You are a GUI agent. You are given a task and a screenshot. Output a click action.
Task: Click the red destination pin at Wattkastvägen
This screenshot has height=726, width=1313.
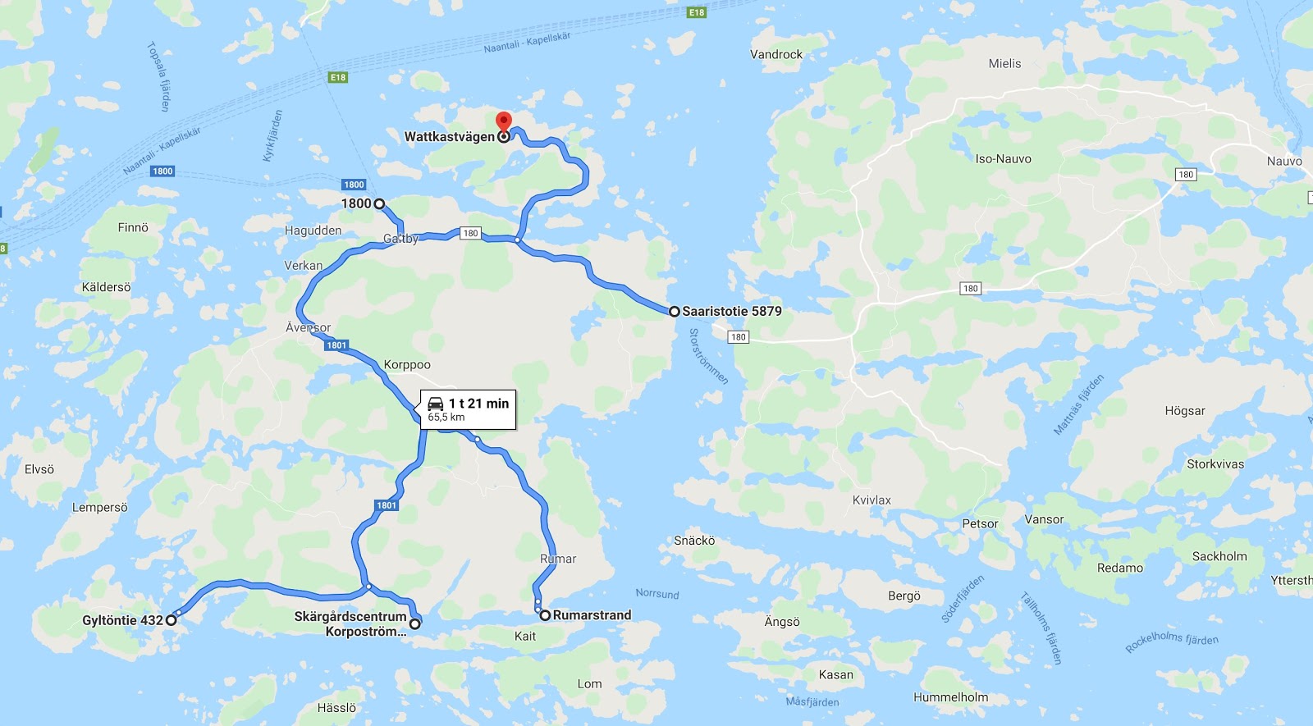(504, 122)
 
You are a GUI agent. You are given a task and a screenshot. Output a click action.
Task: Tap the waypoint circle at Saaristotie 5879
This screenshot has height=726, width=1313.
(674, 312)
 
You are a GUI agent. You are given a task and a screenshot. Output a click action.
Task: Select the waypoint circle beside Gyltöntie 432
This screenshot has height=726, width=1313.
(171, 620)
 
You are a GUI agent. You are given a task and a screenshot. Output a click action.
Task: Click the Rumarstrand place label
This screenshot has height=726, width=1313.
(592, 615)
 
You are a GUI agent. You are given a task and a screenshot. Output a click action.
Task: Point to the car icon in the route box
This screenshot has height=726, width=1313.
(436, 404)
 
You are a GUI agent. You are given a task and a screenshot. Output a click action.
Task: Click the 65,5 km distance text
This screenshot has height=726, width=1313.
(446, 418)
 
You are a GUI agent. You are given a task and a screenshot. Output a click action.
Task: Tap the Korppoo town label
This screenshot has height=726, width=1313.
(407, 365)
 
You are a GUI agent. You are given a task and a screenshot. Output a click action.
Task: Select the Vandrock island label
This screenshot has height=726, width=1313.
(776, 55)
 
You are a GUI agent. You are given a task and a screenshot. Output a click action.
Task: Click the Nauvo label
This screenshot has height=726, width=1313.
(1284, 162)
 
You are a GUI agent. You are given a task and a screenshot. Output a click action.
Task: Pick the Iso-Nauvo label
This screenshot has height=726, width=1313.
(1003, 159)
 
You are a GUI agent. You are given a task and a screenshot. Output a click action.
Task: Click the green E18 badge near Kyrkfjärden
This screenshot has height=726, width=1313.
(338, 77)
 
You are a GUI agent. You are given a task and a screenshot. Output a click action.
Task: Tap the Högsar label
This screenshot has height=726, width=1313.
(1185, 411)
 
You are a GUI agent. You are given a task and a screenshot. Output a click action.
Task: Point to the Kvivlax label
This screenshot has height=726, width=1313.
(872, 500)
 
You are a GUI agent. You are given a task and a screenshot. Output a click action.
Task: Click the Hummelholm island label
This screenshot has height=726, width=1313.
(950, 697)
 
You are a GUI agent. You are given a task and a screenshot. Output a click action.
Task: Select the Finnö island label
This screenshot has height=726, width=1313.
(133, 228)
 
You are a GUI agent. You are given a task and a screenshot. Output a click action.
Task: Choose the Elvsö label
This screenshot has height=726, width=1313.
(39, 469)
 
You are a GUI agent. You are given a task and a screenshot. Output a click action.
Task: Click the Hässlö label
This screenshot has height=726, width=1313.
(336, 708)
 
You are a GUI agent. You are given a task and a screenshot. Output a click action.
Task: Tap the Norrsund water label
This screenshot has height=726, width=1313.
(657, 594)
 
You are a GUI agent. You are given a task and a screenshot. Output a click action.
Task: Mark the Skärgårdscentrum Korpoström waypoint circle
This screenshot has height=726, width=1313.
(414, 624)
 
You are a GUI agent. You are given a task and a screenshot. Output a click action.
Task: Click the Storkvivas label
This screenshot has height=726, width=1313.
(1215, 464)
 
